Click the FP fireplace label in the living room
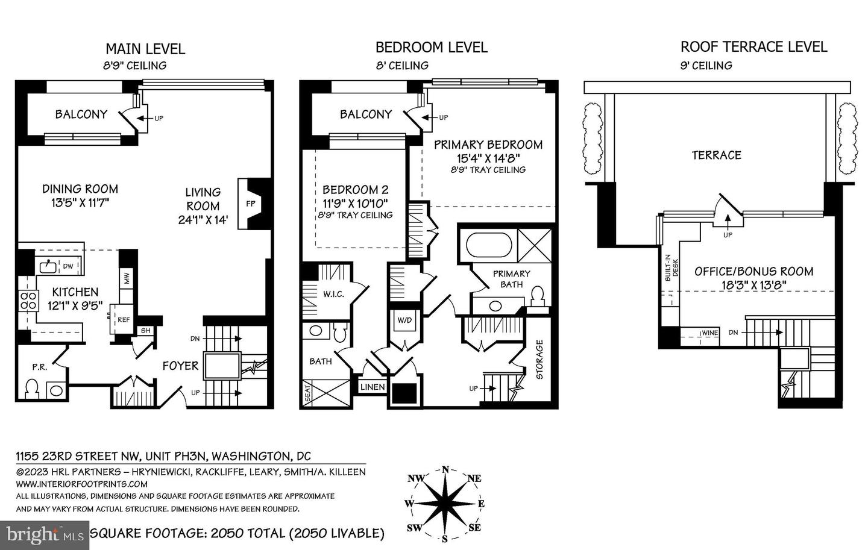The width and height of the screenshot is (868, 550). [x=251, y=204]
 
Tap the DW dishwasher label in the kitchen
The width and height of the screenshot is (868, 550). [x=68, y=265]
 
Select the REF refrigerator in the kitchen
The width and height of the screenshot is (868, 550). [x=123, y=319]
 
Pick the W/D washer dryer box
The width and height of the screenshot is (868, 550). [x=404, y=320]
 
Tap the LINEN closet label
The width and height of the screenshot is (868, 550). [x=372, y=387]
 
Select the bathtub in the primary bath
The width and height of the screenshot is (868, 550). [x=489, y=245]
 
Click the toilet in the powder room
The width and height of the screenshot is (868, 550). [x=31, y=388]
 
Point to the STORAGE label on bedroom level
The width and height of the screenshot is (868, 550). [x=539, y=360]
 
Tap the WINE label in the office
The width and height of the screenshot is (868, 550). [x=709, y=333]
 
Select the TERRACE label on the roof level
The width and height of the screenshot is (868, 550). [x=716, y=155]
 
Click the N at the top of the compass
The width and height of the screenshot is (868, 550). [x=445, y=470]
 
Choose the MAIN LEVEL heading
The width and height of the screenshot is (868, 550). [x=145, y=48]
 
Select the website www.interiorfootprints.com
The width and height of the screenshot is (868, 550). [x=81, y=484]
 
